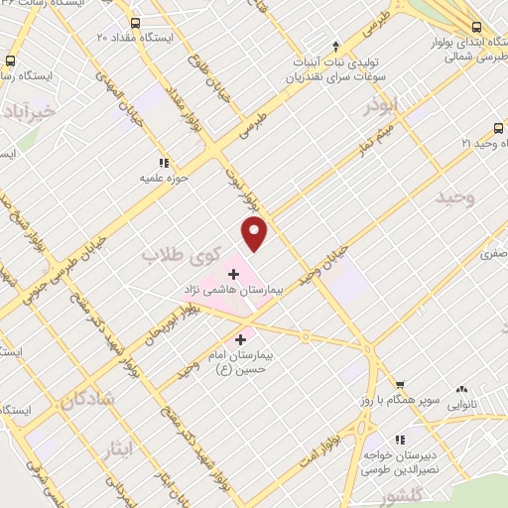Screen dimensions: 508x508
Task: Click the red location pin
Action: (255, 232)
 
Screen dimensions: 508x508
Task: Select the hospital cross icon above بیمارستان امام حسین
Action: (241, 340)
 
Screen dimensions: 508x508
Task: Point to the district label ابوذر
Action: (380, 104)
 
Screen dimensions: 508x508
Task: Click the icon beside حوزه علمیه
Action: (163, 163)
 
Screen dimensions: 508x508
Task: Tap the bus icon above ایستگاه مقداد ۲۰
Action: (135, 22)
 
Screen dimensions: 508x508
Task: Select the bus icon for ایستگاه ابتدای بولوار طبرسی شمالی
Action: (477, 27)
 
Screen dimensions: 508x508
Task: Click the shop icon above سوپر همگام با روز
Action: (399, 385)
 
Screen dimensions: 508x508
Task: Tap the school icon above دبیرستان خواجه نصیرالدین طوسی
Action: (402, 438)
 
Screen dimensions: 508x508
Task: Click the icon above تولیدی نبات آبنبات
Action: (336, 46)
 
